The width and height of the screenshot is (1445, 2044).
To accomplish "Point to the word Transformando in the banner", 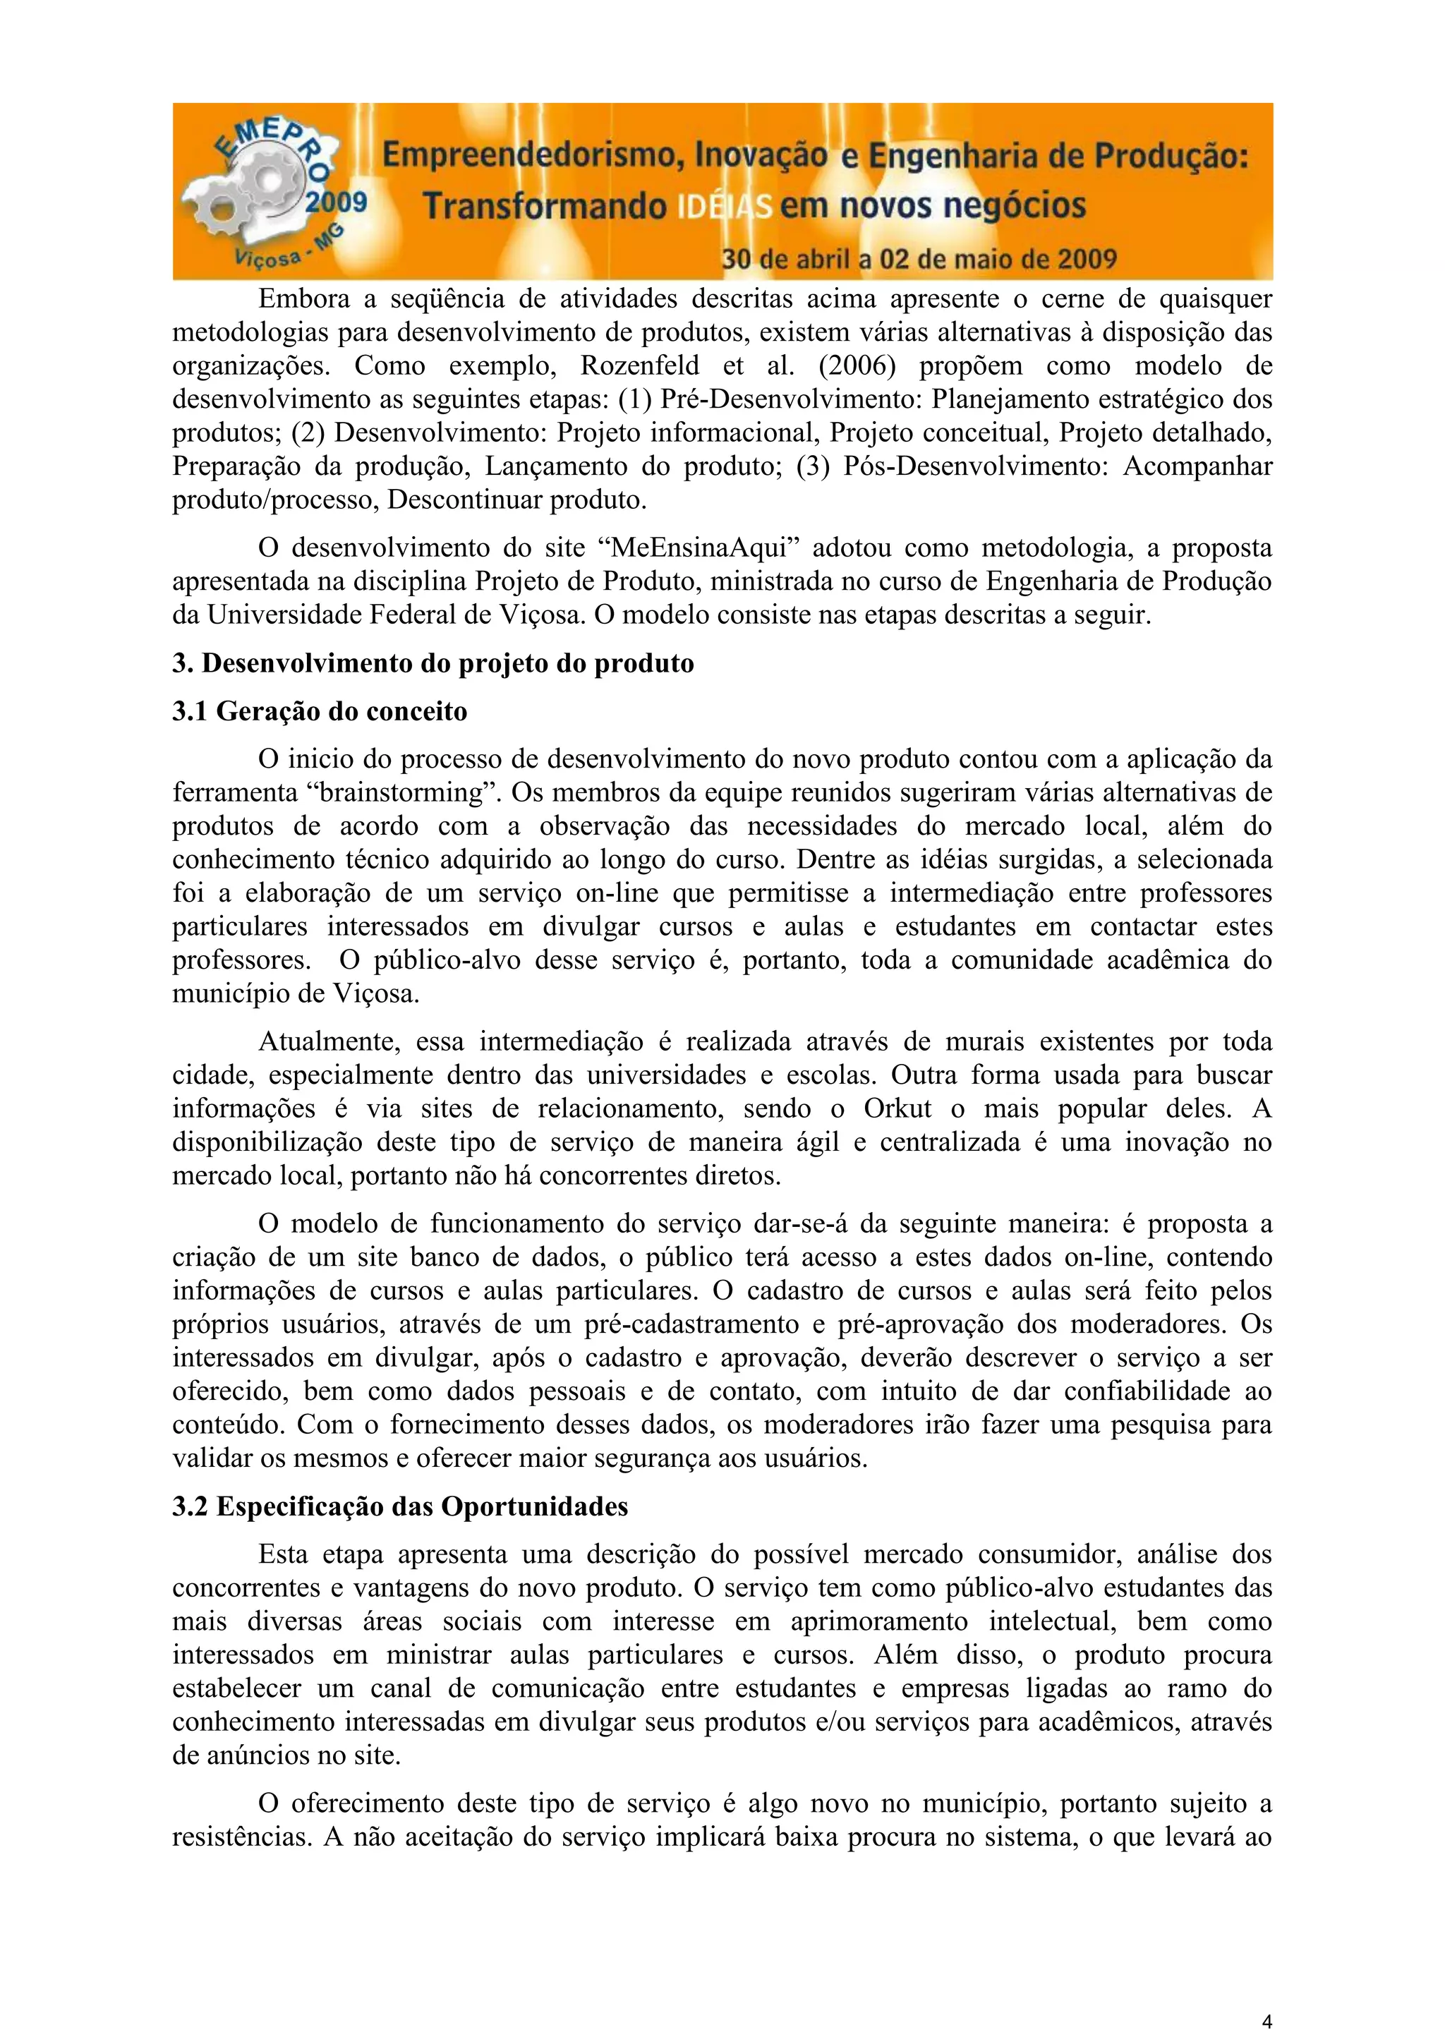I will coord(544,207).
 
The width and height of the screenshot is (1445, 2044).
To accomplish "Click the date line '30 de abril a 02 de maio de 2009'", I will coord(919,259).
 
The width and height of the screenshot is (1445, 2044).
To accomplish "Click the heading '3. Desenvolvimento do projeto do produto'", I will coord(433,663).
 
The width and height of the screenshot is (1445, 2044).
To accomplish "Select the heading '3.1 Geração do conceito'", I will coord(320,711).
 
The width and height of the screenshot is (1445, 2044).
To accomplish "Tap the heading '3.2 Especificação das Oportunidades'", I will coord(400,1506).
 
